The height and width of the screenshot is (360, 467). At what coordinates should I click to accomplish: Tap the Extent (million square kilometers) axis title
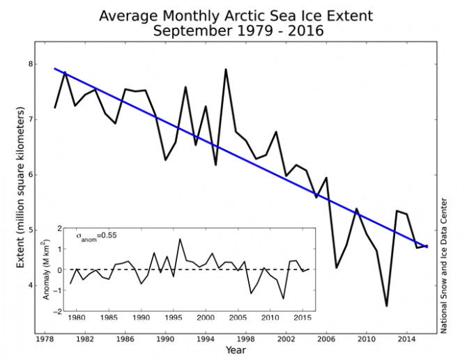22,188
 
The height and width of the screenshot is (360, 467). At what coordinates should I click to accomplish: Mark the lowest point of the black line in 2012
386,306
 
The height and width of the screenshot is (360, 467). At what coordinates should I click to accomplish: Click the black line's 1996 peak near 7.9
226,69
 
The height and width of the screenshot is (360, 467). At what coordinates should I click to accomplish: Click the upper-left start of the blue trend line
55,68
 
